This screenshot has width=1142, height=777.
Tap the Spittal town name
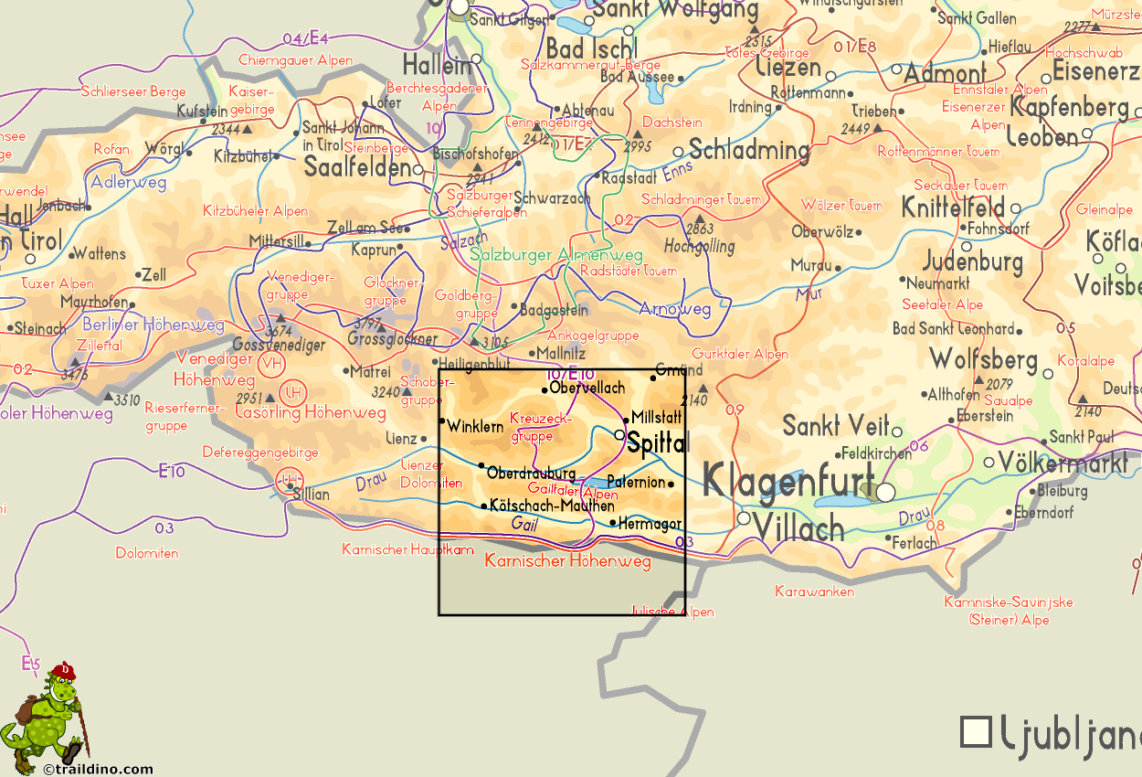click(x=657, y=443)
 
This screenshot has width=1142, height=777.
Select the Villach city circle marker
click(x=744, y=518)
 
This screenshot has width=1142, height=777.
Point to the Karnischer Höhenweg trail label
click(x=567, y=560)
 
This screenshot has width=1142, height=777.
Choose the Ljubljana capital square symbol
click(x=977, y=731)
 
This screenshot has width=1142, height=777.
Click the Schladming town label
click(x=749, y=151)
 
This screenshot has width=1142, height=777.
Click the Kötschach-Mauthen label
click(x=552, y=505)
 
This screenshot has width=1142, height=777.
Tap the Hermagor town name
click(x=650, y=525)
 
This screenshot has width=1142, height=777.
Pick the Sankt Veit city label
click(x=836, y=426)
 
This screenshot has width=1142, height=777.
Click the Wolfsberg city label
click(x=983, y=357)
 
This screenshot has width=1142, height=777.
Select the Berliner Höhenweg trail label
click(x=153, y=325)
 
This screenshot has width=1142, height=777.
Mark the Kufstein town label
click(x=202, y=112)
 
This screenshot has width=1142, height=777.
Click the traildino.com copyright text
click(x=98, y=770)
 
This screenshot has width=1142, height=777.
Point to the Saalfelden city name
click(x=357, y=168)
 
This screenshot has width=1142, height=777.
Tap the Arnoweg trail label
click(x=674, y=309)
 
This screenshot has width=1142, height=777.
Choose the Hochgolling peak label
click(x=699, y=246)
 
